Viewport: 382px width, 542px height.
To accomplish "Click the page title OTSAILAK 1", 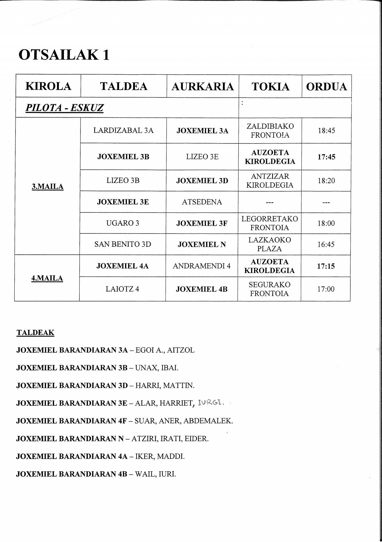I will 64,55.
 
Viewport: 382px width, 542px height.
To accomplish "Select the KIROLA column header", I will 48,86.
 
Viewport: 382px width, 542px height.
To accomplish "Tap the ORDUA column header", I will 326,87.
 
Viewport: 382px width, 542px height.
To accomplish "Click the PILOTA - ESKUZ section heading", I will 64,108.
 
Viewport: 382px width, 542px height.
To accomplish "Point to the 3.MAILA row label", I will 47,187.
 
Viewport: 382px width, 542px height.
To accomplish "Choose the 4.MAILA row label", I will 47,278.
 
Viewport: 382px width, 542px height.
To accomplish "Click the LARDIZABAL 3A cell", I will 123,131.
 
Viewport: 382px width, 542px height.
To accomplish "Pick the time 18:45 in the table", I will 326,131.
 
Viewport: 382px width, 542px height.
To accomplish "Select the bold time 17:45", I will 326,157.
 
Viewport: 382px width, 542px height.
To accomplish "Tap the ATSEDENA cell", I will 202,202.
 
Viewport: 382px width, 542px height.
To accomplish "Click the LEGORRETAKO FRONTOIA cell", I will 269,223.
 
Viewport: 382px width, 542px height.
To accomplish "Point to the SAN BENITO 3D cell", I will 123,244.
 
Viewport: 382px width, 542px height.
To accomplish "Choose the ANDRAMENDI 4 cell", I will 202,266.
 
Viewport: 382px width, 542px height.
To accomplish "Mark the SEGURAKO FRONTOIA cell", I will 269,289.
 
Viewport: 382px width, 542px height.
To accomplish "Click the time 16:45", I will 326,244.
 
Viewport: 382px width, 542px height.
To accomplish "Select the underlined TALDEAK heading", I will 35,333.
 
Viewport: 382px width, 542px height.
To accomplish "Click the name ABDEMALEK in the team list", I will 208,421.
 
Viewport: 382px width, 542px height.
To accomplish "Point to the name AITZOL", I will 181,350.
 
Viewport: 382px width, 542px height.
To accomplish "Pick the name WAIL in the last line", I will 144,474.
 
